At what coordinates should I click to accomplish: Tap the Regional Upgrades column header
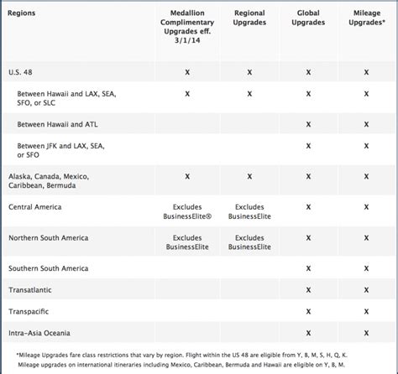249,20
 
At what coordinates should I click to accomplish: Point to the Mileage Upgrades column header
365,20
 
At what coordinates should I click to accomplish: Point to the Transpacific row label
32,311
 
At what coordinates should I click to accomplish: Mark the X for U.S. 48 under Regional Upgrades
249,73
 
